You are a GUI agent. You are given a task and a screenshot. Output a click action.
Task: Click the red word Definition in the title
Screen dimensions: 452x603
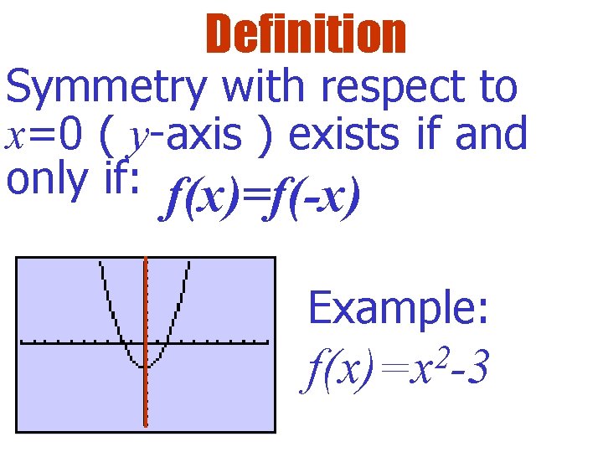[x=305, y=34]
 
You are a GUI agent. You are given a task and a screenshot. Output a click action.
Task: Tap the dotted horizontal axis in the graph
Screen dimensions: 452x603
[x=218, y=342]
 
